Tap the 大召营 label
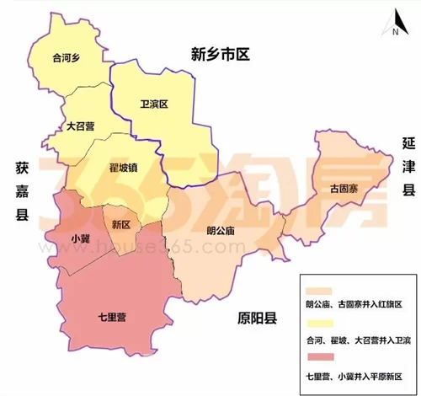(81, 126)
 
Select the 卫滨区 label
(154, 104)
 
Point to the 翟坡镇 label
(124, 168)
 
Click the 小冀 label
(81, 238)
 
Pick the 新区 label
(121, 225)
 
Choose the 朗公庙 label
(220, 229)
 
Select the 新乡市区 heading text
(221, 56)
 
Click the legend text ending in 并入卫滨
(357, 340)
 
